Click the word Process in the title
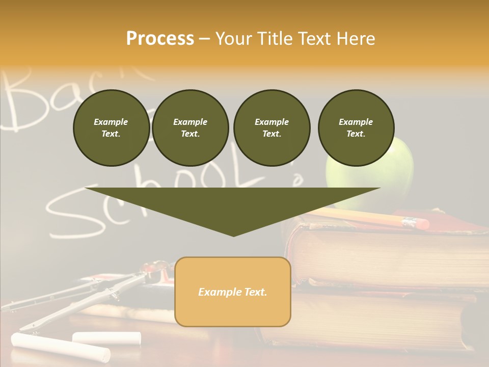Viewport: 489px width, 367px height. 160,39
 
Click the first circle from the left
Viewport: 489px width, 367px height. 111,128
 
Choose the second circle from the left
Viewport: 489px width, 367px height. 191,128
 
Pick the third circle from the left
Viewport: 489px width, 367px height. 271,128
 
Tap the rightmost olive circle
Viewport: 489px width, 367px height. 356,128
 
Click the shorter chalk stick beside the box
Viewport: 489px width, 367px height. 106,337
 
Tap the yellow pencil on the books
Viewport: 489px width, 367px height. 357,216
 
